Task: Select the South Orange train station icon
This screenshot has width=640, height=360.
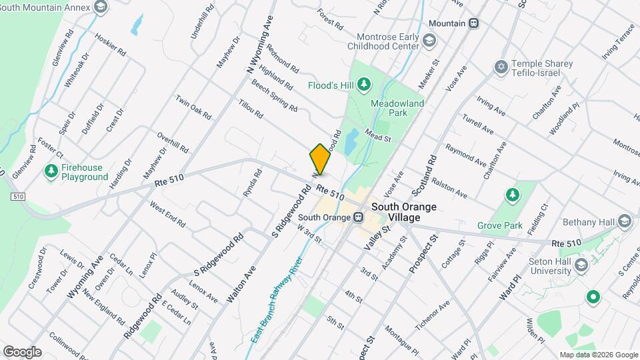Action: click(358, 217)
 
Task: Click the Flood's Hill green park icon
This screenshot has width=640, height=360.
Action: click(363, 84)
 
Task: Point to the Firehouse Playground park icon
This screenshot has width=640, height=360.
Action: click(51, 171)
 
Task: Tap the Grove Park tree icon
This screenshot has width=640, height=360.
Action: click(512, 195)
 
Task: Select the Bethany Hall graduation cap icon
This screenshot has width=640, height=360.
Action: click(624, 221)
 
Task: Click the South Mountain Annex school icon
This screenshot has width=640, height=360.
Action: click(101, 7)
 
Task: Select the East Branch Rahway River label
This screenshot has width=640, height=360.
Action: click(274, 305)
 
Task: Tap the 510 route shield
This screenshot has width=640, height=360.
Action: click(18, 197)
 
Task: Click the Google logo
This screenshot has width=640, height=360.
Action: click(22, 352)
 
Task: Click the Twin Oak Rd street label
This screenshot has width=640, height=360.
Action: click(193, 107)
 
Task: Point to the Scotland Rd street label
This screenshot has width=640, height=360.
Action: click(424, 175)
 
